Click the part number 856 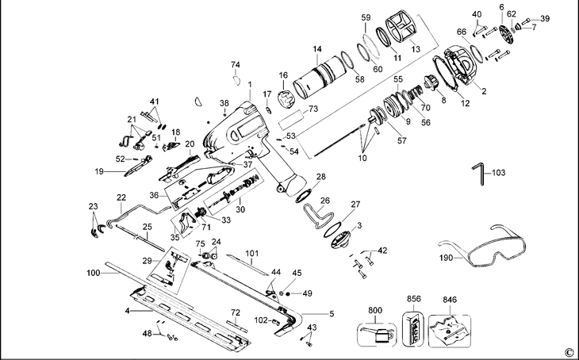(414, 300)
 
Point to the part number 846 (450, 301)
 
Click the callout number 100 (94, 273)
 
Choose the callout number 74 (235, 64)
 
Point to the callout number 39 (545, 18)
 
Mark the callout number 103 (497, 172)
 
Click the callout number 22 (121, 197)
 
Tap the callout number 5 (332, 314)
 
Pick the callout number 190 (447, 258)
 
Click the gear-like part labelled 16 (286, 102)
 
